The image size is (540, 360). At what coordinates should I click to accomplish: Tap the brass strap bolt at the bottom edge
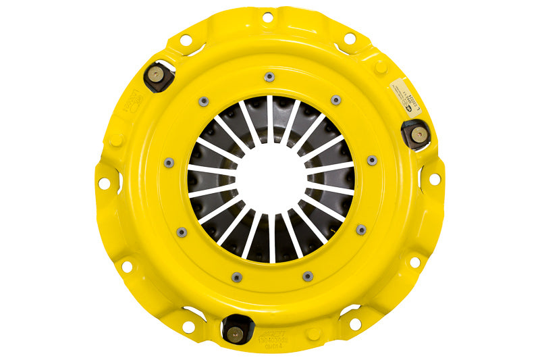pyautogui.click(x=236, y=332)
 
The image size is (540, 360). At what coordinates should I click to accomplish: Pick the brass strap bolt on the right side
pyautogui.click(x=417, y=133)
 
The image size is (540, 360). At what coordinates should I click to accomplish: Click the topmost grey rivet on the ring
pyautogui.click(x=269, y=76)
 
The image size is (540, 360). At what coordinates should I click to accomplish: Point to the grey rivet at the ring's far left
pyautogui.click(x=169, y=162)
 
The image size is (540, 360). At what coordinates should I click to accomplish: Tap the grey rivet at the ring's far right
pyautogui.click(x=372, y=161)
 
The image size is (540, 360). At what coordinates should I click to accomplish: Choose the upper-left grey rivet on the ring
pyautogui.click(x=202, y=101)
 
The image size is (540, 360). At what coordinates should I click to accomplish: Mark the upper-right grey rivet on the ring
pyautogui.click(x=335, y=100)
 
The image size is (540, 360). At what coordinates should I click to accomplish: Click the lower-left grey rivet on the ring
pyautogui.click(x=181, y=232)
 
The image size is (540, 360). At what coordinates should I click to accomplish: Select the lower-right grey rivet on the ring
pyautogui.click(x=361, y=230)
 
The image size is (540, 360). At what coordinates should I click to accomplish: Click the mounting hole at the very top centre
pyautogui.click(x=268, y=16)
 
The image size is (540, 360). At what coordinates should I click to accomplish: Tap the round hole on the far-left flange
pyautogui.click(x=104, y=183)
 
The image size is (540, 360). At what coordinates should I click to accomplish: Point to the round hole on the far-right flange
pyautogui.click(x=435, y=179)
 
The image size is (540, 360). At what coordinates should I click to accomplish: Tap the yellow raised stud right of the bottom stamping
pyautogui.click(x=313, y=334)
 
